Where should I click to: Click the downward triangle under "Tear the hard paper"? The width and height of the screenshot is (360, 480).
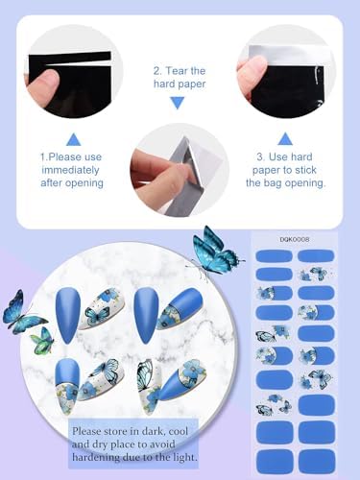[178, 103]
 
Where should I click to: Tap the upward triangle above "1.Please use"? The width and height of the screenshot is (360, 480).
[74, 139]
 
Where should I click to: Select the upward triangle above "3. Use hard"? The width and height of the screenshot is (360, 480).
[285, 139]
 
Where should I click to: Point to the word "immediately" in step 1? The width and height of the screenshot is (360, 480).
[70, 170]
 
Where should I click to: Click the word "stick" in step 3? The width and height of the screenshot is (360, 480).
[305, 170]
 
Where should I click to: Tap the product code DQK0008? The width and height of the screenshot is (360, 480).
[295, 239]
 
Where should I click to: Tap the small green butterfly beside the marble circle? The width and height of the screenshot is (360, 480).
[42, 340]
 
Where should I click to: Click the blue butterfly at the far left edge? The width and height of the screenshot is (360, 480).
[22, 312]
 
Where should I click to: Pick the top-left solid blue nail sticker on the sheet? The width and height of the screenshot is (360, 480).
[275, 256]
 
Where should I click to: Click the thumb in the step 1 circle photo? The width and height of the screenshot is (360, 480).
[42, 85]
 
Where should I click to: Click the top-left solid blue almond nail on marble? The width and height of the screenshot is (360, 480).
[68, 315]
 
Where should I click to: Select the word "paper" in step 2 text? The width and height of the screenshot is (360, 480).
[192, 84]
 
